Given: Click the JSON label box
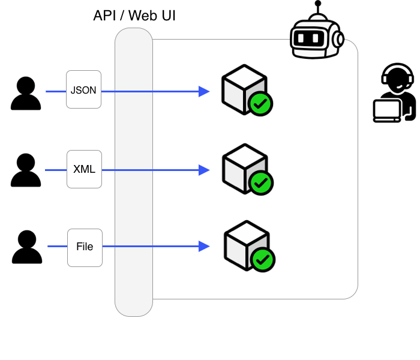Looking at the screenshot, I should click(x=83, y=89).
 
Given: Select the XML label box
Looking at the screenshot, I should click(x=84, y=169).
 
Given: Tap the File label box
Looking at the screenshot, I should click(x=85, y=247).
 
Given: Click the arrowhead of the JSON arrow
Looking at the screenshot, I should click(x=205, y=91).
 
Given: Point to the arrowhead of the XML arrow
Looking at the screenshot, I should click(x=205, y=170).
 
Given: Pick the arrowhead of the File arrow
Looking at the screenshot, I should click(x=205, y=246).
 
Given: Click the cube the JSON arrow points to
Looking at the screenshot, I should click(x=241, y=88).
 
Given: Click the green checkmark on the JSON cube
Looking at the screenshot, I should click(x=260, y=104).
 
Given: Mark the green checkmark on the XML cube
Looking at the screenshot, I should click(x=261, y=183).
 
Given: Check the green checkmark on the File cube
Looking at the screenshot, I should click(x=263, y=260).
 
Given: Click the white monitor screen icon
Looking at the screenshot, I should click(x=387, y=110).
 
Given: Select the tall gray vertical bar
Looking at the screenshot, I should click(x=134, y=172).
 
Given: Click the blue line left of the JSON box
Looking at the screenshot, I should click(x=56, y=92).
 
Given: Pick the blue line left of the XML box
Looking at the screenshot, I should click(x=56, y=170).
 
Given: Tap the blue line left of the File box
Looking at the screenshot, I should click(x=58, y=246).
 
